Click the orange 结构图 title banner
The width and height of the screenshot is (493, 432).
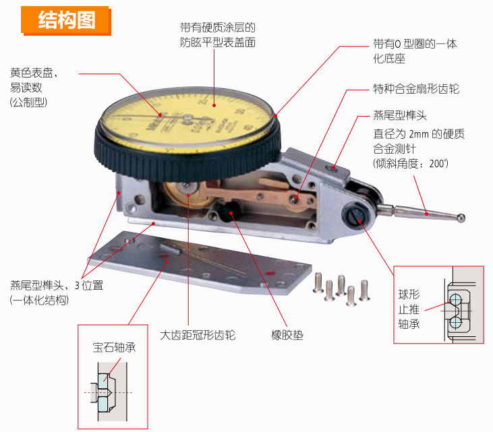pyautogui.click(x=66, y=20)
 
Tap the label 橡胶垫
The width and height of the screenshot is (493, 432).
pyautogui.click(x=287, y=335)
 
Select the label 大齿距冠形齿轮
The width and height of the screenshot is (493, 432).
pyautogui.click(x=198, y=335)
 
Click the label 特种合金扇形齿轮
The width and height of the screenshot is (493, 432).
pyautogui.click(x=416, y=89)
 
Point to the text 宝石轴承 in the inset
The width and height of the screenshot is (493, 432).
pyautogui.click(x=114, y=347)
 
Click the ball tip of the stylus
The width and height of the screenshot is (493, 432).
pyautogui.click(x=461, y=218)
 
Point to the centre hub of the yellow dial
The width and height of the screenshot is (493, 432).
pyautogui.click(x=187, y=119)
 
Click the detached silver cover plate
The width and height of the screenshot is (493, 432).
pyautogui.click(x=200, y=262)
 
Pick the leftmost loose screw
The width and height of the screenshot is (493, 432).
pyautogui.click(x=318, y=282)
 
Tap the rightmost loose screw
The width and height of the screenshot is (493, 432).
pyautogui.click(x=364, y=290)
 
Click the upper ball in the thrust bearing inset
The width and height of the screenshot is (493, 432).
pyautogui.click(x=455, y=299)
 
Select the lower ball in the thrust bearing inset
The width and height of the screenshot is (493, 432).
pyautogui.click(x=455, y=322)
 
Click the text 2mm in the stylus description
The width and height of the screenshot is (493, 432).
pyautogui.click(x=419, y=134)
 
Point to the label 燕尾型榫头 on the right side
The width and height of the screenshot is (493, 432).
pyautogui.click(x=400, y=115)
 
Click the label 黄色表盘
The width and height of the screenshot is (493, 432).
pyautogui.click(x=32, y=73)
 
